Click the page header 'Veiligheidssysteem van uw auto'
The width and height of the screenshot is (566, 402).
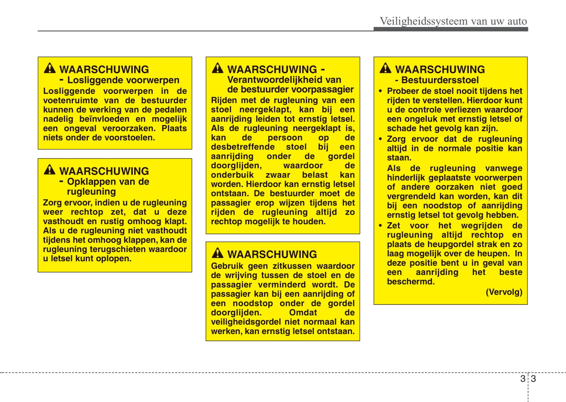pyautogui.click(x=453, y=21)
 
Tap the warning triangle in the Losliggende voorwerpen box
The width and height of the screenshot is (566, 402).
pyautogui.click(x=50, y=68)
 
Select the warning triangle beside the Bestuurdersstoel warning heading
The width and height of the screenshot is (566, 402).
pyautogui.click(x=385, y=68)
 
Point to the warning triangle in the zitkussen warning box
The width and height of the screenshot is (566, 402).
pyautogui.click(x=217, y=253)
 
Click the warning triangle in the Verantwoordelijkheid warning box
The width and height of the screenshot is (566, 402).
pyautogui.click(x=217, y=68)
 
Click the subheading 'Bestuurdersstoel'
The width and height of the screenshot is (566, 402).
pyautogui.click(x=440, y=80)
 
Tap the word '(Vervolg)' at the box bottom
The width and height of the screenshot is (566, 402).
pyautogui.click(x=504, y=292)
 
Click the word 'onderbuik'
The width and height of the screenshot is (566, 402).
pyautogui.click(x=232, y=175)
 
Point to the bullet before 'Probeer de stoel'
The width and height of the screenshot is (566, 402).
pyautogui.click(x=380, y=91)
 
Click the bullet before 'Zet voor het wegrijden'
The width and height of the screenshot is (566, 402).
pyautogui.click(x=380, y=226)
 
